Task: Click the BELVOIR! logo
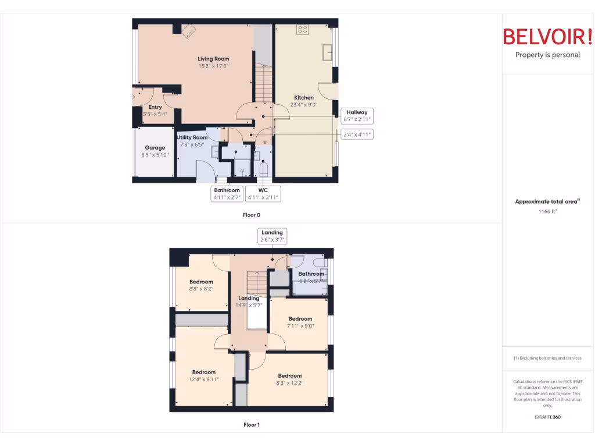[547, 37]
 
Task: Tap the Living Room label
[213, 59]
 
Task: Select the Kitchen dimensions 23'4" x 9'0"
[304, 105]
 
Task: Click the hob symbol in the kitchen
[302, 30]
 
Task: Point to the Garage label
[155, 148]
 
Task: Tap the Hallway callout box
[357, 115]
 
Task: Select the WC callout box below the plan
[263, 194]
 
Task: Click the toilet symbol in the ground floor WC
[263, 170]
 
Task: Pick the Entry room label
[155, 107]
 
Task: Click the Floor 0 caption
[251, 215]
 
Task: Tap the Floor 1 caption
[251, 425]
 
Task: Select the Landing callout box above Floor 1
[272, 236]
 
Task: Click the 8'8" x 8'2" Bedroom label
[201, 282]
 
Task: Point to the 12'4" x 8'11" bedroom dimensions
[204, 379]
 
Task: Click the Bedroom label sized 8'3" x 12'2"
[289, 375]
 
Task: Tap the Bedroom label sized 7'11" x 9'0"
[300, 319]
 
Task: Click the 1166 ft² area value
[547, 212]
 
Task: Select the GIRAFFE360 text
[547, 417]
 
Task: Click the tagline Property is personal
[547, 55]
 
